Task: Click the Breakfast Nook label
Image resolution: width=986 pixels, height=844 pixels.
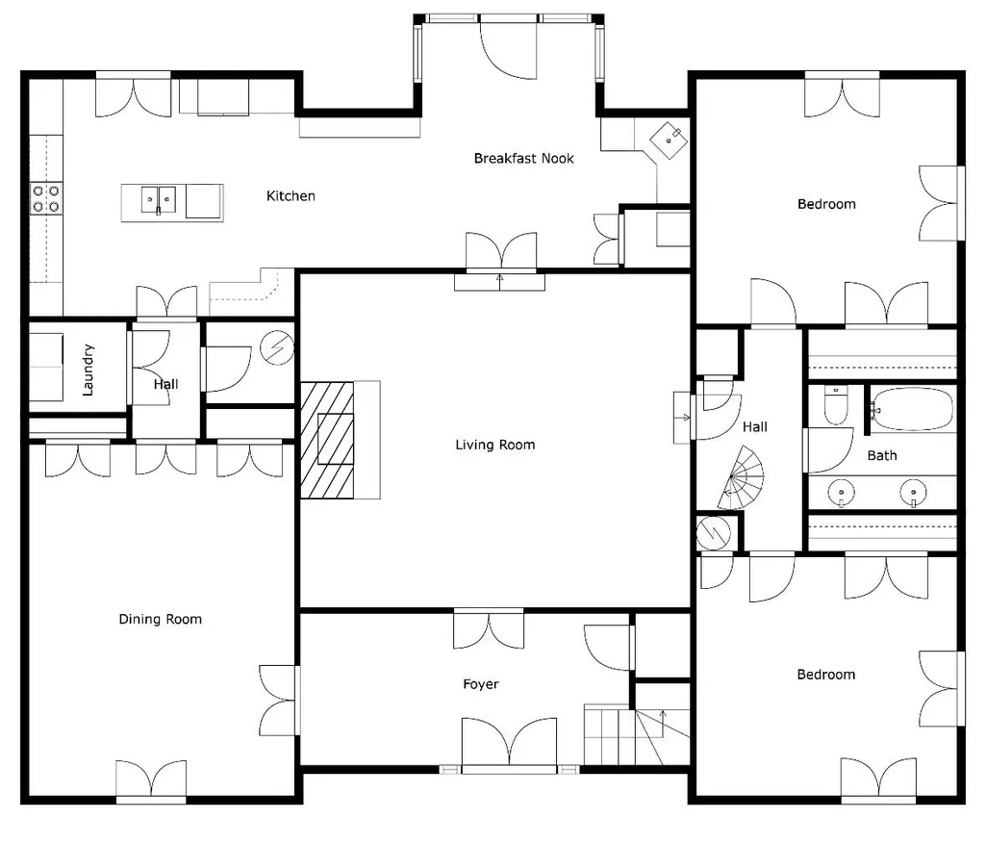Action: [x=524, y=159]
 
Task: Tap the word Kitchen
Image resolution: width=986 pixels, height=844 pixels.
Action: [x=291, y=196]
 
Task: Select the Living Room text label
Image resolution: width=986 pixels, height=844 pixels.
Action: [x=495, y=446]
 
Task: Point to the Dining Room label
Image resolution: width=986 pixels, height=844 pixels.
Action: [x=161, y=620]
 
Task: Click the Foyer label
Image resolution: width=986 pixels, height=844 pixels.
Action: [x=481, y=684]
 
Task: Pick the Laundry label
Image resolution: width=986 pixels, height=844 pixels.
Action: [x=88, y=370]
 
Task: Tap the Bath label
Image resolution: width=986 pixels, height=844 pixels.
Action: [x=882, y=456]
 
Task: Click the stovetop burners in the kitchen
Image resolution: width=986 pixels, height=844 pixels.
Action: [x=46, y=198]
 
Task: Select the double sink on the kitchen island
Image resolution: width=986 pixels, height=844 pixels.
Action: [x=159, y=200]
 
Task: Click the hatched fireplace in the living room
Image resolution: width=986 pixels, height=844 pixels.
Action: [x=327, y=440]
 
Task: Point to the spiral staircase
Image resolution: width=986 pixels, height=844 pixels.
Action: [x=742, y=478]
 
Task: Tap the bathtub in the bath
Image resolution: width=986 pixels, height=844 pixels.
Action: [x=913, y=409]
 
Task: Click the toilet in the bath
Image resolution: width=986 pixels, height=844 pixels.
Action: [x=836, y=405]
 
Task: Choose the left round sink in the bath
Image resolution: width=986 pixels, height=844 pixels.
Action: [x=842, y=493]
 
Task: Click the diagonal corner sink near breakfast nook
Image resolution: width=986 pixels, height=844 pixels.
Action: [x=669, y=141]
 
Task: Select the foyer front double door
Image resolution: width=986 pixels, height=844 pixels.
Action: [x=509, y=745]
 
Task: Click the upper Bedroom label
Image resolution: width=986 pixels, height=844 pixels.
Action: [x=826, y=204]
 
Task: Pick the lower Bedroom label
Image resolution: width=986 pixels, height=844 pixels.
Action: [x=825, y=675]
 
